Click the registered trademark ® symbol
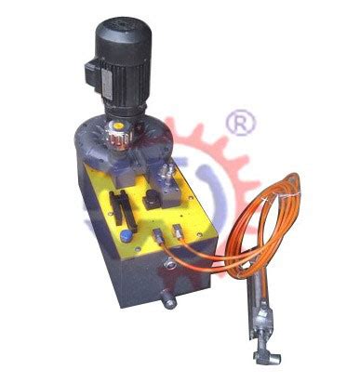point(245,123)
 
